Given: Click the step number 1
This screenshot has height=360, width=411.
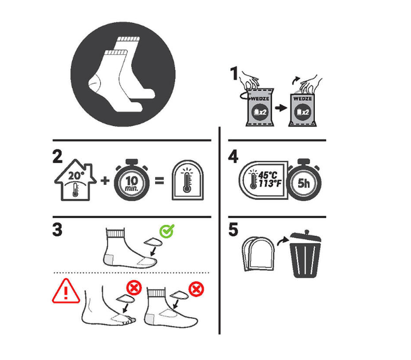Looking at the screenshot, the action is coord(234,73).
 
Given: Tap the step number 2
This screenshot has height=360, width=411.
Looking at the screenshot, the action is coord(58,156).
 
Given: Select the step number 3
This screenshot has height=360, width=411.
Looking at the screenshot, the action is coord(57,230).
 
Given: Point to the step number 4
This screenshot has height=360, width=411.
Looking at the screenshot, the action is coord(234,156).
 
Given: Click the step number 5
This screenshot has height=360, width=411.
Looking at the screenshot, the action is coord(234,230).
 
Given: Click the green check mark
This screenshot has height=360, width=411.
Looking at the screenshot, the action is coord(167,231).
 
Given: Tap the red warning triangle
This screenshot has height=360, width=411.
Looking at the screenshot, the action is coord(66,291).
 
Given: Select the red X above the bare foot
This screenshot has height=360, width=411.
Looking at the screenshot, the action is coord(134,288).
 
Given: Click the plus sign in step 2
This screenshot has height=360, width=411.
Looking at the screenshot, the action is coord(105,180).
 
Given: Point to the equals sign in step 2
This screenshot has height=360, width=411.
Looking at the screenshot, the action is coord(160,181).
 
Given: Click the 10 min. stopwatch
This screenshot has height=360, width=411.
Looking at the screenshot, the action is coord(132,180).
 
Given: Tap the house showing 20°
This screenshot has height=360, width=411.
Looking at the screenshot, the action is coord(76,180).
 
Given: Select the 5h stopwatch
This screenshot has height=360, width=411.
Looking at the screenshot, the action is coord(304,180).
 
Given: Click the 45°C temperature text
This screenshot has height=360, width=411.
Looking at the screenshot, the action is coord(268,175).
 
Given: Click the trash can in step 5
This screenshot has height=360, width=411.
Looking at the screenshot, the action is coord(305,254).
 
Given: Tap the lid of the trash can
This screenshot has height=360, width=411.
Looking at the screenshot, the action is coord(306,236).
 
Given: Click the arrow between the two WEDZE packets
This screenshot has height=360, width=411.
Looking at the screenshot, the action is coord(281,108).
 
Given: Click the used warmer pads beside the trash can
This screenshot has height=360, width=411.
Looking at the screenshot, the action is coord(258,254).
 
